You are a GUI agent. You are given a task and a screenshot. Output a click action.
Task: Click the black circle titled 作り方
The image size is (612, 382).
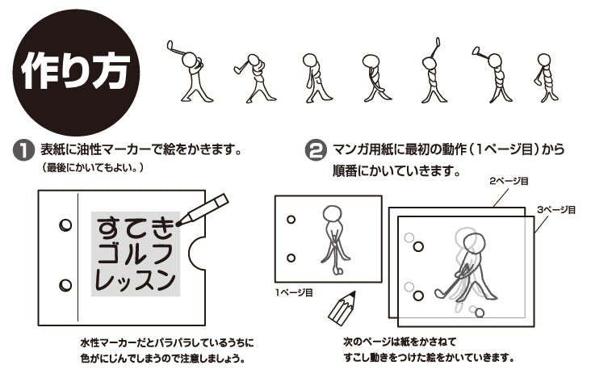tap(76, 72)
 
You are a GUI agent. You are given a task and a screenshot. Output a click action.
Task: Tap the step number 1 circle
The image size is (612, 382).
tap(23, 151)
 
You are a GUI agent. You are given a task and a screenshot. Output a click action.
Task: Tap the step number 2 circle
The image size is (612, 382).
tap(316, 151)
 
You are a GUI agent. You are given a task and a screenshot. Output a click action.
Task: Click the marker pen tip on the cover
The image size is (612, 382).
tap(179, 224)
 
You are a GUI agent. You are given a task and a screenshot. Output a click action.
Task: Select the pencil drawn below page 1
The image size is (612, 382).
tap(342, 308)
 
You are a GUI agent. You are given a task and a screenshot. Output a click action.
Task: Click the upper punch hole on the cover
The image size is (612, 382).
tap(65, 225)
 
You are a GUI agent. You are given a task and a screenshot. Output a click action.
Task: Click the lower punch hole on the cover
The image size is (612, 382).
tap(65, 285)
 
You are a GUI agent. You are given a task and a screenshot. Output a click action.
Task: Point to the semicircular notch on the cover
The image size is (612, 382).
tap(197, 253)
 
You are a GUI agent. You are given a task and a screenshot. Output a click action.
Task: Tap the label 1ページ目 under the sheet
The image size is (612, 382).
tap(294, 292)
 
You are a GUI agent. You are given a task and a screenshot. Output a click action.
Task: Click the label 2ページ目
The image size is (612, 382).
tap(509, 181)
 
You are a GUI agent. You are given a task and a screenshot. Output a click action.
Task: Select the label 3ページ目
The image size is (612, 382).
tap(556, 210)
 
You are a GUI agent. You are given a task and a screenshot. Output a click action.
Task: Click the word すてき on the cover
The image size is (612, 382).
tap(135, 228)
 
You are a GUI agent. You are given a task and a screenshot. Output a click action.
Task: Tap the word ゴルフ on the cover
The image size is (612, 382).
tap(135, 254)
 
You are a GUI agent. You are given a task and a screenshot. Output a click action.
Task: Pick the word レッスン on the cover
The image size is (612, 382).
tap(135, 279)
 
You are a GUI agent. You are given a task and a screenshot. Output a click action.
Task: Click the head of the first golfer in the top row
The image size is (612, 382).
tap(189, 60)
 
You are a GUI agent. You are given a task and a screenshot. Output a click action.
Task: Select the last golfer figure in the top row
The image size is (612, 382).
tap(547, 78)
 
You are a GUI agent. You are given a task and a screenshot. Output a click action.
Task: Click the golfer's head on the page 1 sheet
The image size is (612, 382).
tap(332, 213)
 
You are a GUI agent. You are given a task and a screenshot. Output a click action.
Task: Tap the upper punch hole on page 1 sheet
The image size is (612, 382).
tap(291, 220)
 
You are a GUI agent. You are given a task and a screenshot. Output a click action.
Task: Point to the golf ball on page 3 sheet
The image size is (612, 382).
tap(480, 313)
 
